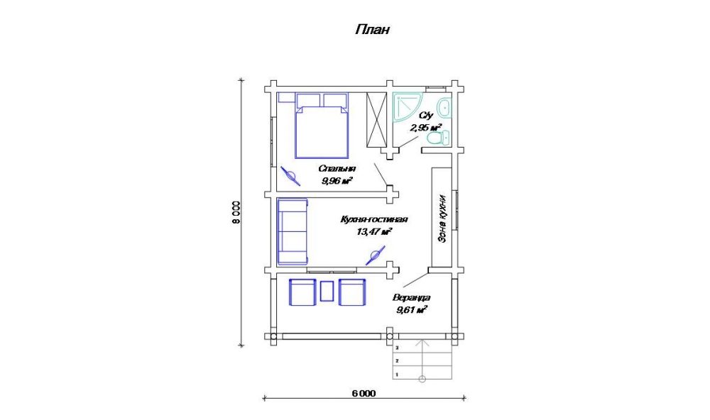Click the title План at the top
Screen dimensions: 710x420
(372, 30)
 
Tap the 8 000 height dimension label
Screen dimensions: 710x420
(236, 212)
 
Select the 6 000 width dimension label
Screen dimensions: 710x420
(364, 393)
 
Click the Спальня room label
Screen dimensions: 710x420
(337, 168)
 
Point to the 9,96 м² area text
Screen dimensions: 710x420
(337, 181)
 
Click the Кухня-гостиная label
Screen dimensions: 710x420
(374, 219)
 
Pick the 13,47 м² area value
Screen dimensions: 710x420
(374, 232)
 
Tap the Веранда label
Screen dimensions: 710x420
(411, 298)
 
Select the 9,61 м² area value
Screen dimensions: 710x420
(412, 310)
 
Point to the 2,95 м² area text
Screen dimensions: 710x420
(425, 128)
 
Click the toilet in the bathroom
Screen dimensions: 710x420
(437, 138)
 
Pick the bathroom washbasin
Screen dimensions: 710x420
(446, 108)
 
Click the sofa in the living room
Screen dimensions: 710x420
(293, 232)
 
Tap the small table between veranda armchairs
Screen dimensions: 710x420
(327, 292)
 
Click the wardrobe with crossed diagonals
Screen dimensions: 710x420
(376, 120)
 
